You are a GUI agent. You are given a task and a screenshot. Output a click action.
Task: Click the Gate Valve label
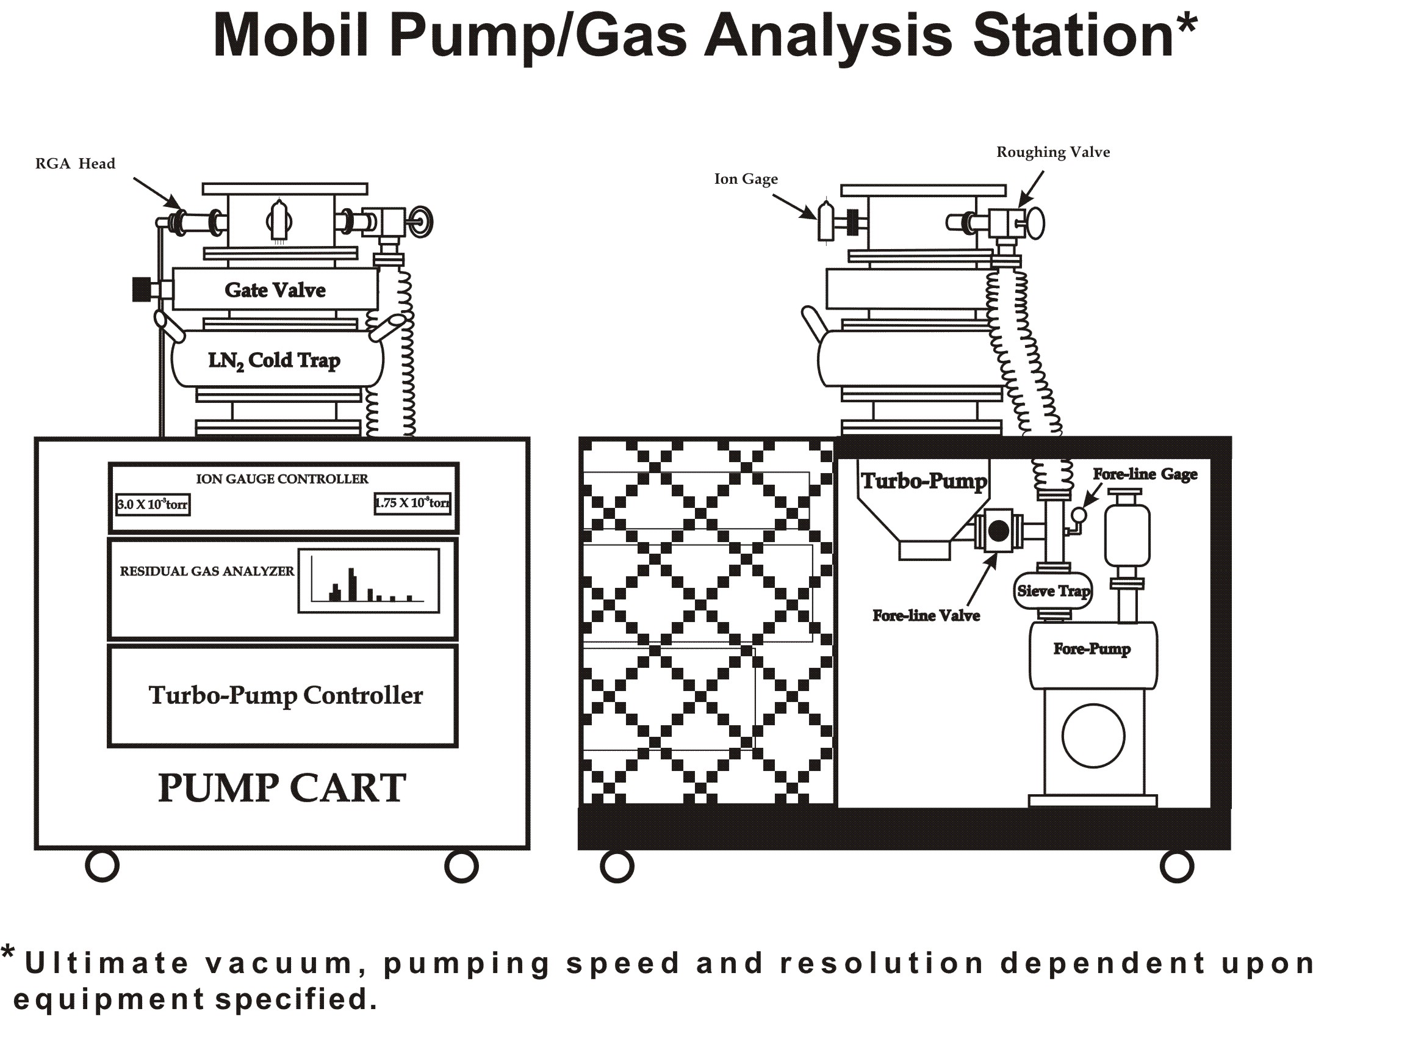click(275, 290)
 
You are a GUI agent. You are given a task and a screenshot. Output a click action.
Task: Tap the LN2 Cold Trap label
click(274, 360)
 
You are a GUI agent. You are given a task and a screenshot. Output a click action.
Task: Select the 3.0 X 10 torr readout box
click(152, 504)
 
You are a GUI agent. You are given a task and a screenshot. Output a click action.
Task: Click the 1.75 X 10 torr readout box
click(412, 503)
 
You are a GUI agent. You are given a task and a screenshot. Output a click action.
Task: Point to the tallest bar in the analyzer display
click(353, 584)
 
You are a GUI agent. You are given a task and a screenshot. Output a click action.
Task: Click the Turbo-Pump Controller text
click(286, 695)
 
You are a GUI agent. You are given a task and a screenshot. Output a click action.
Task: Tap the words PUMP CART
click(282, 787)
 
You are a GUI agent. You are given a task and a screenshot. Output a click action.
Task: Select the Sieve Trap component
click(1054, 590)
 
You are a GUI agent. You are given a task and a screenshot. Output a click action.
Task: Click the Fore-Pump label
click(1092, 648)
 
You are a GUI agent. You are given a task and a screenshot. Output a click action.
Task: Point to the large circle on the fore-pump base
click(1093, 736)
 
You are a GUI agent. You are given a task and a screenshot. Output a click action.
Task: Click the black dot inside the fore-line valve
click(998, 532)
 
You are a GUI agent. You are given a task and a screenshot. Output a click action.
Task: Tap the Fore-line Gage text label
click(1145, 474)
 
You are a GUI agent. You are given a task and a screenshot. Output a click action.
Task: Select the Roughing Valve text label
click(1053, 152)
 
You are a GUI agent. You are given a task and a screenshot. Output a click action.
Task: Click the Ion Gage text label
click(746, 179)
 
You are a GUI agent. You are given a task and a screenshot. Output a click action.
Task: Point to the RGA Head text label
click(76, 164)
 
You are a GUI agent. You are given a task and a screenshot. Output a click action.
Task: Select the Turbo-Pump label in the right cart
click(924, 481)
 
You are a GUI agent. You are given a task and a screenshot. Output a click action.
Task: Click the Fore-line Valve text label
click(926, 616)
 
